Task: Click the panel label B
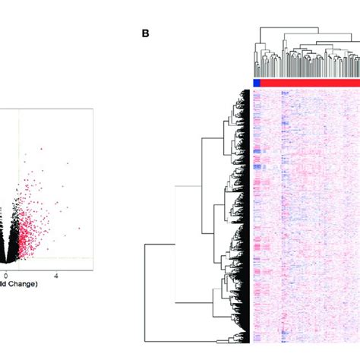[x=144, y=34]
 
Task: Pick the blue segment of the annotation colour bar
[x=256, y=83]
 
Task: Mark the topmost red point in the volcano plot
[x=41, y=148]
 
